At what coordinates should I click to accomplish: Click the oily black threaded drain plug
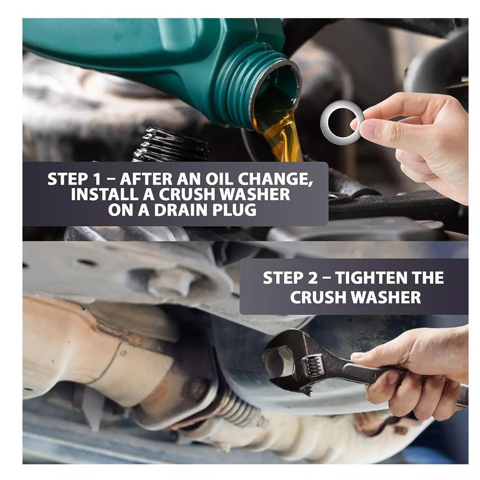[171, 145]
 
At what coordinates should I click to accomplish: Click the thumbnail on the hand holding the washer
[369, 129]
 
